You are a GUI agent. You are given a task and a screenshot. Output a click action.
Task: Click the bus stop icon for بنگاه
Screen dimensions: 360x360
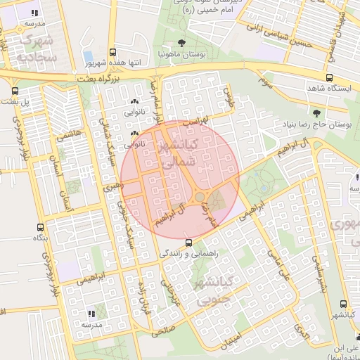coord(39,227)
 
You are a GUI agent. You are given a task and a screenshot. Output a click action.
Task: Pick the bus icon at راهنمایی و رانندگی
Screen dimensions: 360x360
coord(177,242)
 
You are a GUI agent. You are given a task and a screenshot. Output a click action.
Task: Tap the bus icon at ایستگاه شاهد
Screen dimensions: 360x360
coord(329,77)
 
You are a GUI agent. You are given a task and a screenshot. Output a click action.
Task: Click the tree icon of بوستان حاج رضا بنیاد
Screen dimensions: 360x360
coord(315,112)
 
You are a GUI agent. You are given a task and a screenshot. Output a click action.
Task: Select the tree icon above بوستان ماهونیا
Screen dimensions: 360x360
coord(182,43)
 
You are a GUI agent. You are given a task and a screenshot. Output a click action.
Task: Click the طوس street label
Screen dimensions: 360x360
coord(226,97)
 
